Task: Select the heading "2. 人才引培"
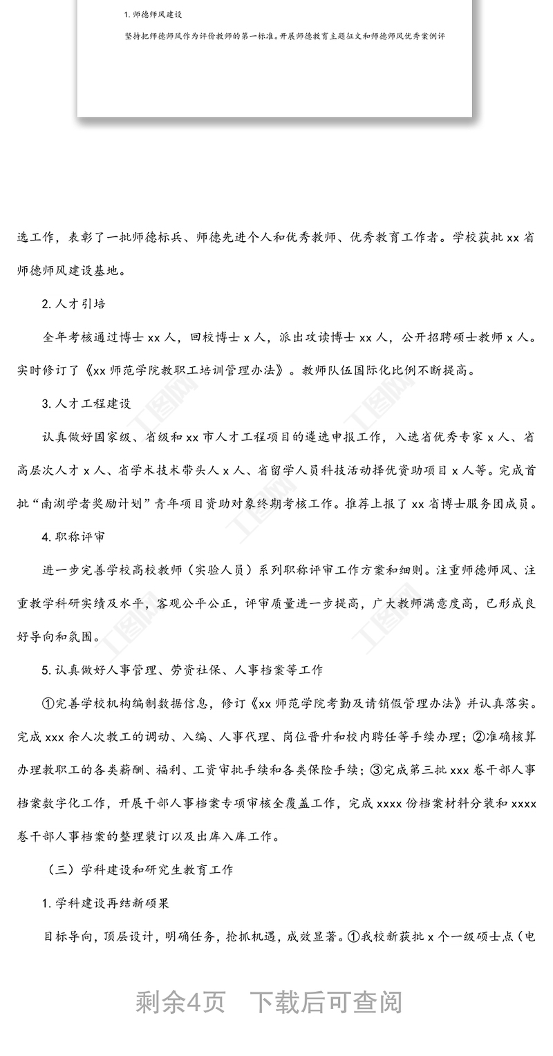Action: [74, 304]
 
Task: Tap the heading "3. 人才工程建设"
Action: [86, 404]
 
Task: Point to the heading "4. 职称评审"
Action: [74, 536]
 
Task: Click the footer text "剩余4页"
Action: [180, 1002]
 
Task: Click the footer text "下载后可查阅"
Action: [326, 1002]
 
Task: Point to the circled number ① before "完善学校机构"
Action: [48, 704]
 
